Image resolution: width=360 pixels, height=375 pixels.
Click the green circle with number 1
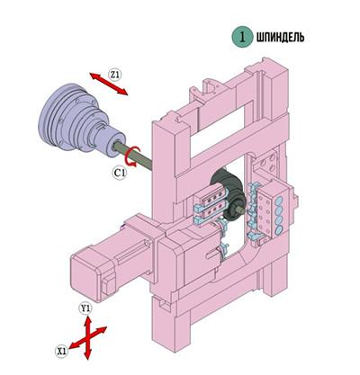242,37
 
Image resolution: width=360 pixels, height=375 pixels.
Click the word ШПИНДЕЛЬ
280,37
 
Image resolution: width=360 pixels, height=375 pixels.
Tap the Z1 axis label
115,75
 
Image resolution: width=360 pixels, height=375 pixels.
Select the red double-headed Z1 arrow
109,84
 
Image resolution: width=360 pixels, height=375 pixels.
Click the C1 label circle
120,173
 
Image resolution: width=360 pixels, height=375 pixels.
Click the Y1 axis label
85,308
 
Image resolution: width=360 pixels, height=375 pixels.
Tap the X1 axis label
62,351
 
